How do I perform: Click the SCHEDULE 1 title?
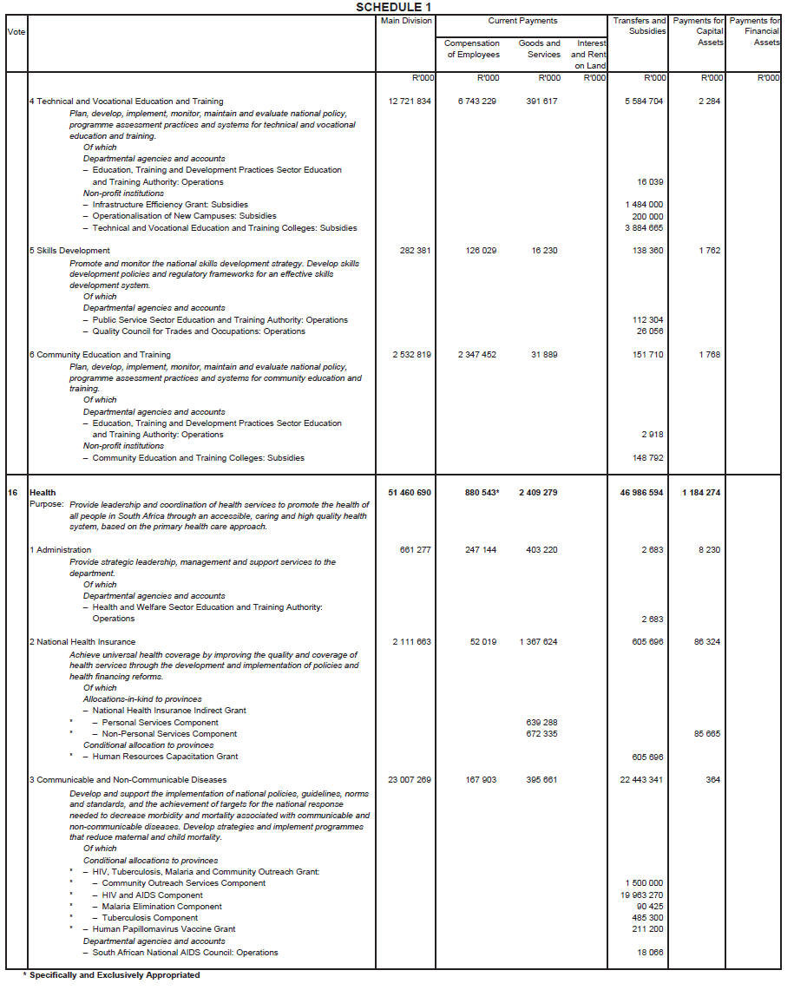click(x=393, y=7)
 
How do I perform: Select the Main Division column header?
click(x=406, y=21)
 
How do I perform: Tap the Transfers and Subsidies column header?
click(x=640, y=26)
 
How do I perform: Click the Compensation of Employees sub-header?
click(x=472, y=49)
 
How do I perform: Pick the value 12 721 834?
click(x=410, y=102)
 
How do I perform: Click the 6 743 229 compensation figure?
click(x=477, y=102)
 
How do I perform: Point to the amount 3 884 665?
click(x=643, y=228)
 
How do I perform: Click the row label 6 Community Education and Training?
click(x=100, y=355)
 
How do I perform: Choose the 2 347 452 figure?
click(x=477, y=355)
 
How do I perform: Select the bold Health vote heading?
click(x=43, y=493)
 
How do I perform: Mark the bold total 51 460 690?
click(x=410, y=493)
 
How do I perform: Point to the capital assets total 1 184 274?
click(x=700, y=493)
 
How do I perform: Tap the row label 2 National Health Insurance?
click(x=82, y=642)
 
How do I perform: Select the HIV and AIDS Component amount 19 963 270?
click(x=641, y=895)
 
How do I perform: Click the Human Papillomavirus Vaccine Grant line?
click(x=164, y=929)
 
